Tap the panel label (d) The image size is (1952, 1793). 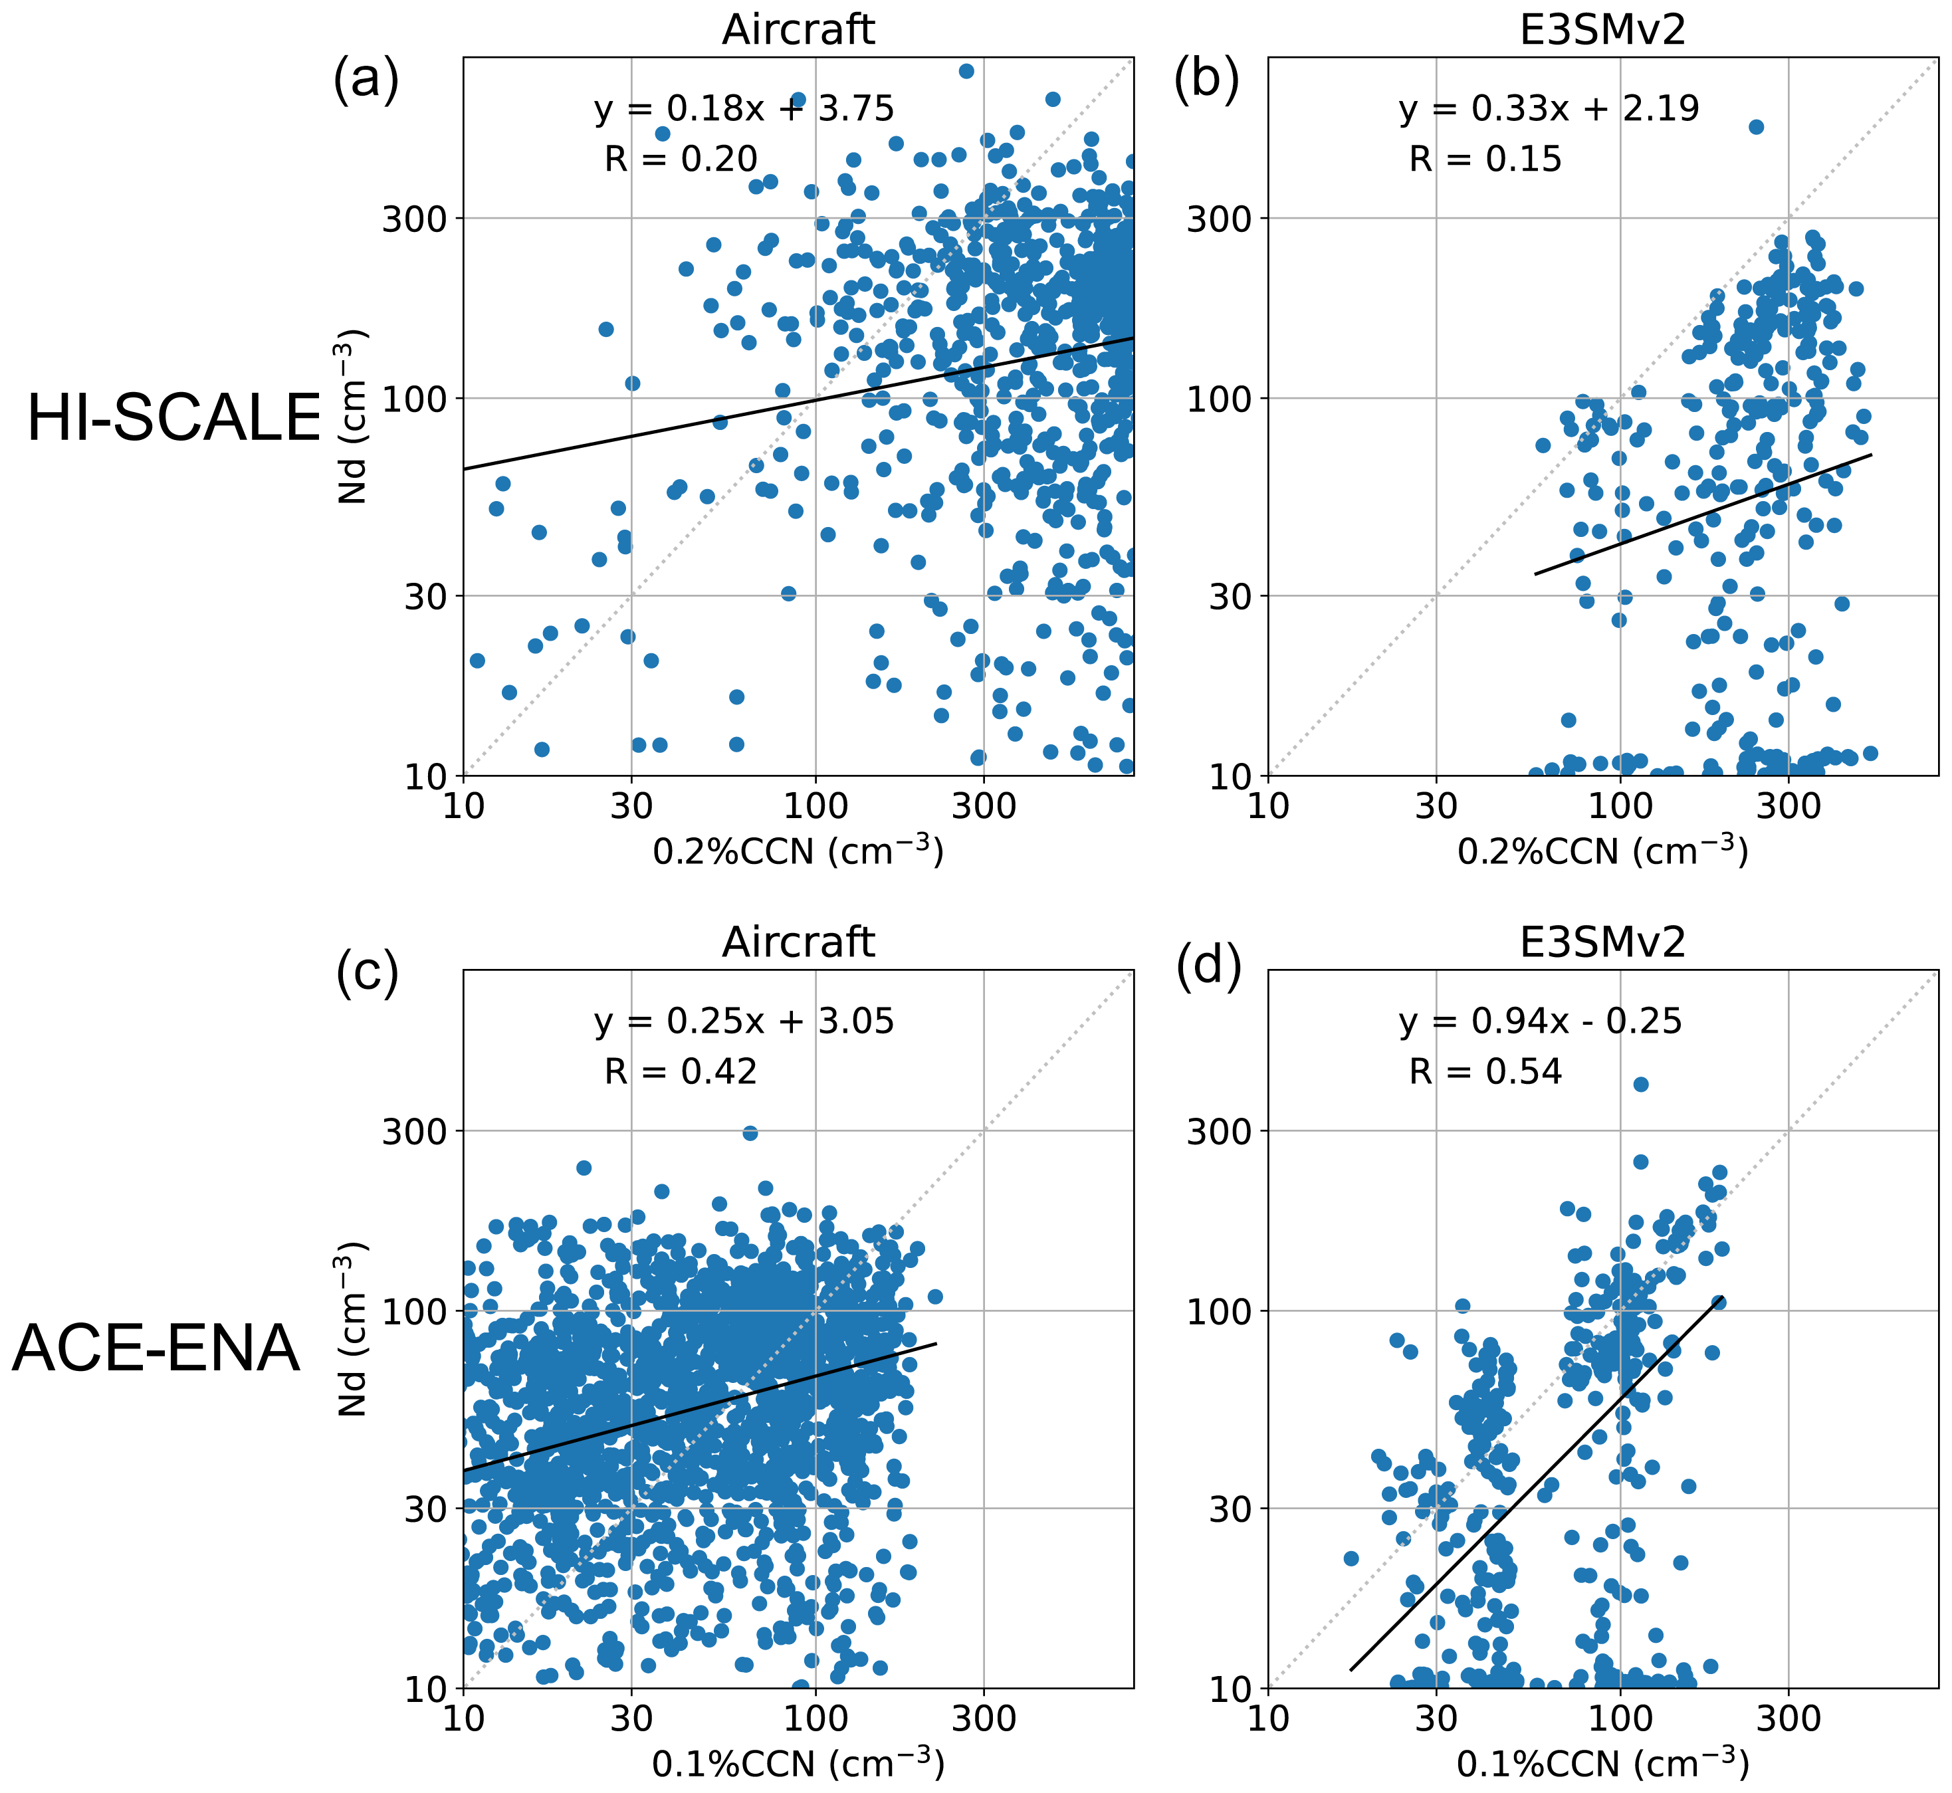(1208, 970)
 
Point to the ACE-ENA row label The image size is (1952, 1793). (156, 1348)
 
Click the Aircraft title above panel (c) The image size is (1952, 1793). (798, 942)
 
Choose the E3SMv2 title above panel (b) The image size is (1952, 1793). (1602, 30)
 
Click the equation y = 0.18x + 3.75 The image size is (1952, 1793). (744, 109)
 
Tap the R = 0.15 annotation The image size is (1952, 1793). (1485, 159)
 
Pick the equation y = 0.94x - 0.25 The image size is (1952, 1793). (1541, 1021)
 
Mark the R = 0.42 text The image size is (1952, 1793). (680, 1071)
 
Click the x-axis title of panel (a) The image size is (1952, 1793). (798, 850)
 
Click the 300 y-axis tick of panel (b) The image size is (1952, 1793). (1218, 218)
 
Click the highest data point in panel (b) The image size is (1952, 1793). (1755, 126)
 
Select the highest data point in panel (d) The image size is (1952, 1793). (1640, 1084)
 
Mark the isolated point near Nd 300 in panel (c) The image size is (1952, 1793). (750, 1132)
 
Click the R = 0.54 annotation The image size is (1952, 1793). (1485, 1071)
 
